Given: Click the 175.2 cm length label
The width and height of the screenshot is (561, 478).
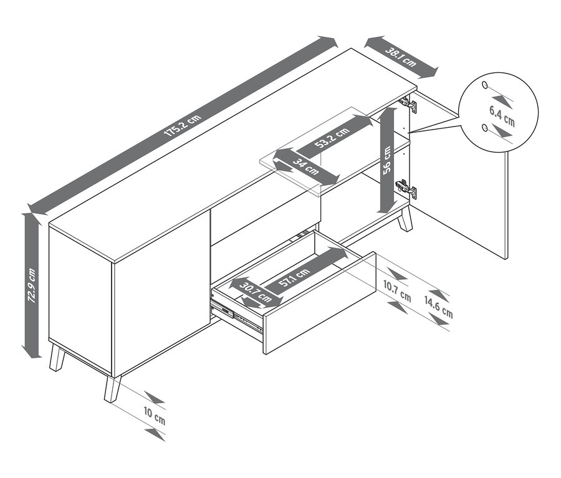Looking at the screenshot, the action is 183,126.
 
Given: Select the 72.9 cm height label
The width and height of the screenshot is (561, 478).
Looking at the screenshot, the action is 32,285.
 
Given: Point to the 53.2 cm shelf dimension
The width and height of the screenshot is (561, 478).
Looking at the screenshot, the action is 332,137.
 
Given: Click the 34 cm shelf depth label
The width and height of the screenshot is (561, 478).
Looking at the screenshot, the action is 306,167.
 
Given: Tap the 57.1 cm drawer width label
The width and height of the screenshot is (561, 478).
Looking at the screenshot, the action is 294,277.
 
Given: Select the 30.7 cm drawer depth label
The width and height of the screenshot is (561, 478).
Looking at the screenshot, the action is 256,292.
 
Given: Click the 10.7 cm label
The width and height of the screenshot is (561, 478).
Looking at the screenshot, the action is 397,291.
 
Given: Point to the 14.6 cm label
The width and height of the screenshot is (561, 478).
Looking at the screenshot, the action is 439,307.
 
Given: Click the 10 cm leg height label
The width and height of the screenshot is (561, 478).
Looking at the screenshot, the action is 155,416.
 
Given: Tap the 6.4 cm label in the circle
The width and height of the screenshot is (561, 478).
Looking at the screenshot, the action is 502,116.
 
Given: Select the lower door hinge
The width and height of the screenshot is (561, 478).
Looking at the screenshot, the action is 406,188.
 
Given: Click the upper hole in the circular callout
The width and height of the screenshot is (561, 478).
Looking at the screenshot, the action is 485,85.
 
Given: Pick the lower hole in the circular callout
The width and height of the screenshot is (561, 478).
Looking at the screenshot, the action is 485,128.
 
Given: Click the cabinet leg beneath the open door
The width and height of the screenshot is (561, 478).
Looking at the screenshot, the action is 405,219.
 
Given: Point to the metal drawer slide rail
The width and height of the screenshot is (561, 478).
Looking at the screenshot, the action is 236,317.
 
